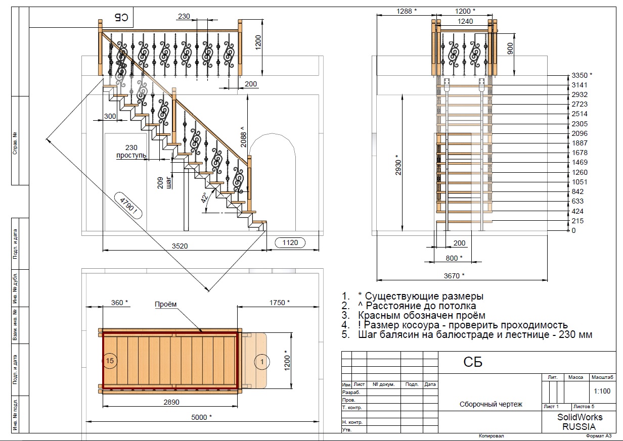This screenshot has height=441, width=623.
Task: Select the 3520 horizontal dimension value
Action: coord(180,246)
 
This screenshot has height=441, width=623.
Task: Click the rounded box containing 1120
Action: coord(290,242)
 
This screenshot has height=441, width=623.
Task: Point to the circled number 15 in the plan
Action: coord(110,361)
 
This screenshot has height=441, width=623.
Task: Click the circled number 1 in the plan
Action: coord(262,362)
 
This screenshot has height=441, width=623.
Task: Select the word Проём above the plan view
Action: coord(165,304)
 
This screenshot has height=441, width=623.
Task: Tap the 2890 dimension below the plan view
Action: coord(171,402)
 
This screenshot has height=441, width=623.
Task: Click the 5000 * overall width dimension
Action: coord(201,417)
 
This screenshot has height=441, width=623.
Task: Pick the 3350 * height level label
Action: coord(582,75)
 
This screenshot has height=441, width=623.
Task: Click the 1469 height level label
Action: coord(580,162)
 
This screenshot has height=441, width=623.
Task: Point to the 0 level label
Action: coord(573,230)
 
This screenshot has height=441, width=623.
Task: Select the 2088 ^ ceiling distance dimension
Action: coord(243,137)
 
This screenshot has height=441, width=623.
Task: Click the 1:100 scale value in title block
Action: coord(602,391)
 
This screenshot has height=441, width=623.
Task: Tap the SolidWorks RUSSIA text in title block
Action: coord(580,422)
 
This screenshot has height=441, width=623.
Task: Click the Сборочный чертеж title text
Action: coord(491,404)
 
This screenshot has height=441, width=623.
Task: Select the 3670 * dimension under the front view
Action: coord(454,276)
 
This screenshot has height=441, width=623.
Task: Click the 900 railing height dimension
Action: coord(510,48)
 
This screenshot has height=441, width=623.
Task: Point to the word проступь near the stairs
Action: coord(131,156)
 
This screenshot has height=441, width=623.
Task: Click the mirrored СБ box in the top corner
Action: coord(121,18)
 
